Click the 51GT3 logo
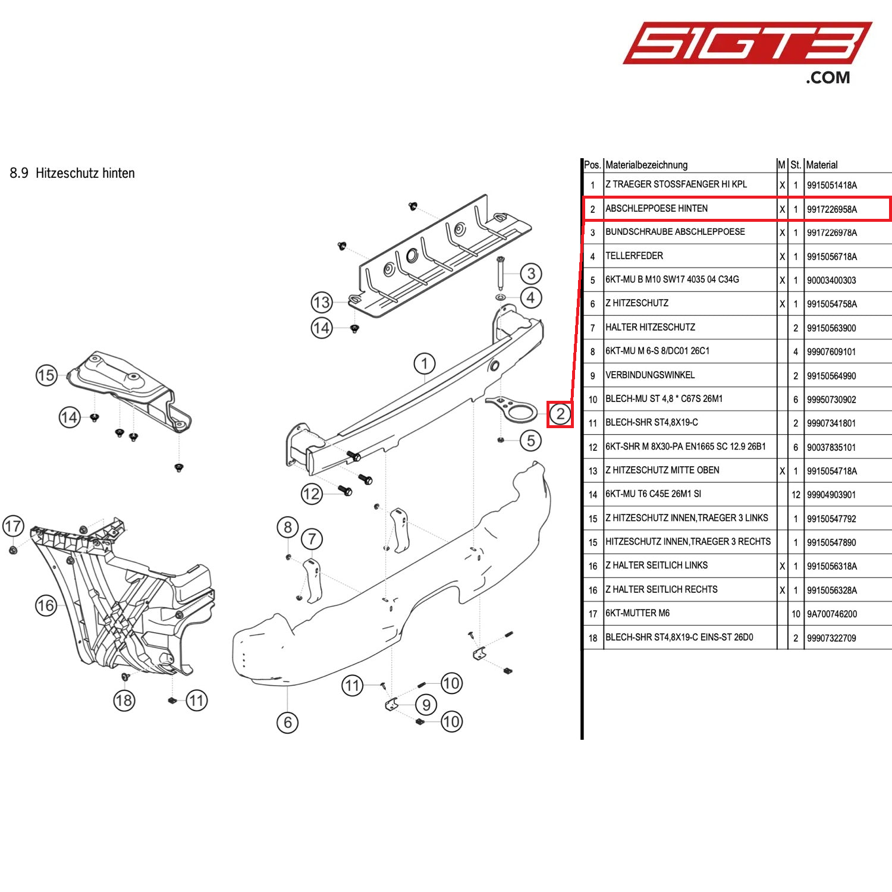point(746,45)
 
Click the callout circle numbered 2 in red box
point(560,414)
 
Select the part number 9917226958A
point(831,209)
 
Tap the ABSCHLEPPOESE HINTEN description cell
point(657,209)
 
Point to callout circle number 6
point(287,723)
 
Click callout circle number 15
point(46,375)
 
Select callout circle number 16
point(46,605)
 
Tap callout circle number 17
point(13,526)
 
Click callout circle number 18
point(124,701)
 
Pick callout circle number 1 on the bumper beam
point(424,363)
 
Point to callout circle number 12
point(312,494)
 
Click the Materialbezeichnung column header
point(646,165)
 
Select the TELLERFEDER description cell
point(634,256)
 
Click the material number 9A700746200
point(831,614)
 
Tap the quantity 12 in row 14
point(796,495)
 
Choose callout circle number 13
point(321,302)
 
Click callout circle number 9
point(426,705)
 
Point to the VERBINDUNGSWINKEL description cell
point(650,375)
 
